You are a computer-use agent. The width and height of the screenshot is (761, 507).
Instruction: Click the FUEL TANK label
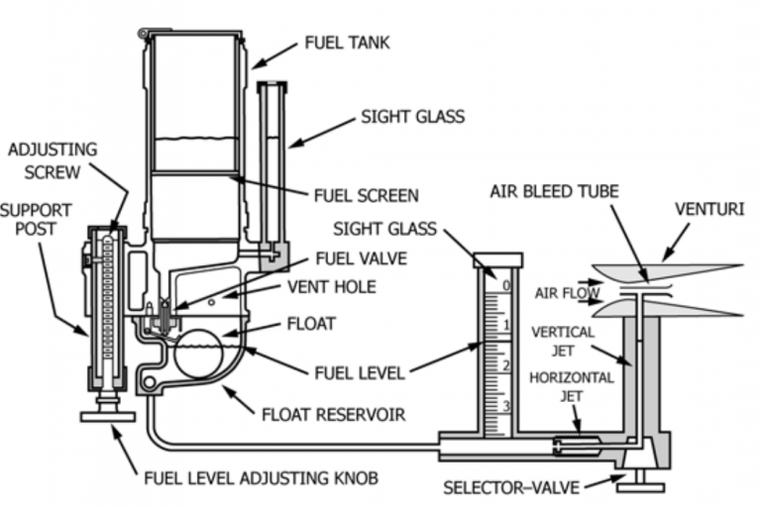(347, 44)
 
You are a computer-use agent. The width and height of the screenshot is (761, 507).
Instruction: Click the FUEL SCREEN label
(366, 195)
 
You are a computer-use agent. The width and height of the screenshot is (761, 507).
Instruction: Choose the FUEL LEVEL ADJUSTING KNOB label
(260, 479)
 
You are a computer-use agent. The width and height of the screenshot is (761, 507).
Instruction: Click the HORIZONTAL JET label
(571, 387)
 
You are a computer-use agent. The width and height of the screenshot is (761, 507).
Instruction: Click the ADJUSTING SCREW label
(52, 160)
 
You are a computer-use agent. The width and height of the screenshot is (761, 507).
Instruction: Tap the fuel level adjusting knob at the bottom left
(107, 413)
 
